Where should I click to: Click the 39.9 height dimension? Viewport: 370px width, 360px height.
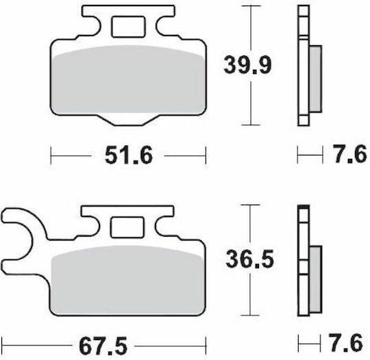click(247, 65)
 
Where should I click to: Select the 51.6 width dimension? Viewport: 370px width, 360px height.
click(129, 155)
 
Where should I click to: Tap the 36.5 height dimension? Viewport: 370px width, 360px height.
click(249, 259)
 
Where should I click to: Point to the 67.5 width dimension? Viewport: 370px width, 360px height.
click(103, 346)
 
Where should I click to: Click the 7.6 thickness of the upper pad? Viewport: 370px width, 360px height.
click(350, 154)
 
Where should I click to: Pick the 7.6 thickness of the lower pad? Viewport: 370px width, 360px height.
click(346, 343)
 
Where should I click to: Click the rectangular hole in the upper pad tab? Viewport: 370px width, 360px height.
click(128, 27)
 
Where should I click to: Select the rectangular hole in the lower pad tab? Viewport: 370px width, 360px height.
click(127, 227)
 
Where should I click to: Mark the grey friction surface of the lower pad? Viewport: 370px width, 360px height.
click(127, 280)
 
